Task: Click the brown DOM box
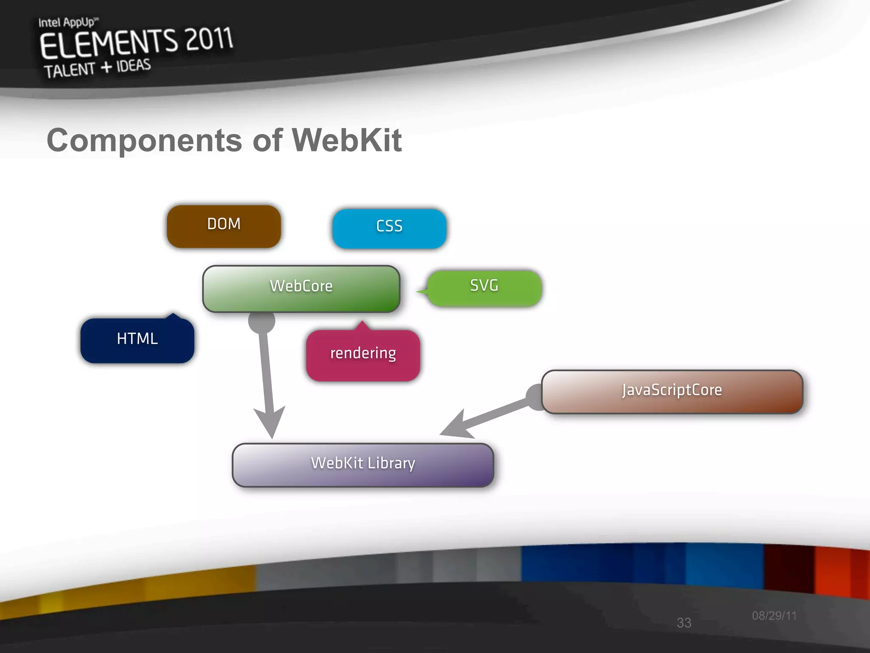tap(224, 226)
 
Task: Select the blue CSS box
tap(389, 228)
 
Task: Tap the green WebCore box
tap(301, 289)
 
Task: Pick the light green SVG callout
tap(484, 288)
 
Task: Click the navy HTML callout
tap(137, 340)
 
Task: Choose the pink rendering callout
tap(363, 355)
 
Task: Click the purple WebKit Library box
tap(363, 465)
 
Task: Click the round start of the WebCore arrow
tap(262, 321)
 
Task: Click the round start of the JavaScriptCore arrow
tap(536, 397)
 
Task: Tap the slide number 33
tap(684, 622)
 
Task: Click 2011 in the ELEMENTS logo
tap(209, 39)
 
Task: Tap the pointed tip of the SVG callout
tap(418, 292)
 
